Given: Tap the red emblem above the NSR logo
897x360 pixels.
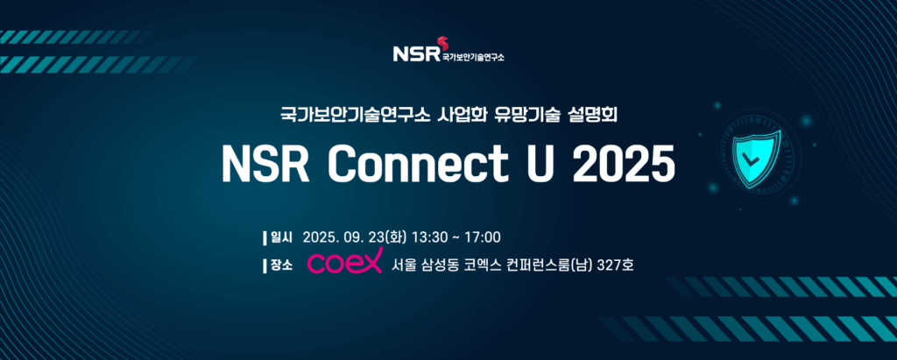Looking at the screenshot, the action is (x=442, y=43).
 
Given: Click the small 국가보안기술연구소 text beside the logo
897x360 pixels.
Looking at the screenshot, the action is (x=473, y=57).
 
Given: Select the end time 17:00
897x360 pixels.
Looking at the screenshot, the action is (x=483, y=237).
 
